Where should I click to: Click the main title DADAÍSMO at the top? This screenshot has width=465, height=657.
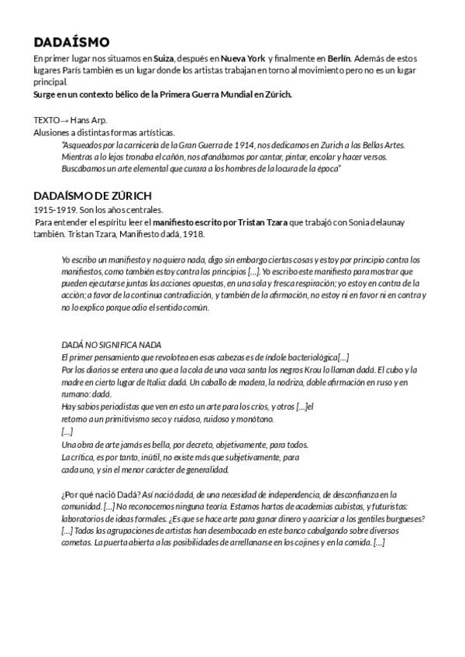(x=72, y=42)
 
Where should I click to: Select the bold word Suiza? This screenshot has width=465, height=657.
(x=164, y=59)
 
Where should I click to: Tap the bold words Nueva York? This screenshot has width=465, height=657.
(x=243, y=59)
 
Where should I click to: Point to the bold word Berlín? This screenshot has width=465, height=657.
(x=339, y=59)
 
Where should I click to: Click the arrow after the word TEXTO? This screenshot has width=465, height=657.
(x=64, y=120)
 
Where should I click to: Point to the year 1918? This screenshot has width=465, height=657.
(x=193, y=234)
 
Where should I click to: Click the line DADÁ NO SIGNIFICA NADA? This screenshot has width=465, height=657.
(x=111, y=345)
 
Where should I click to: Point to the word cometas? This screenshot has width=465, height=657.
(x=75, y=543)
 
